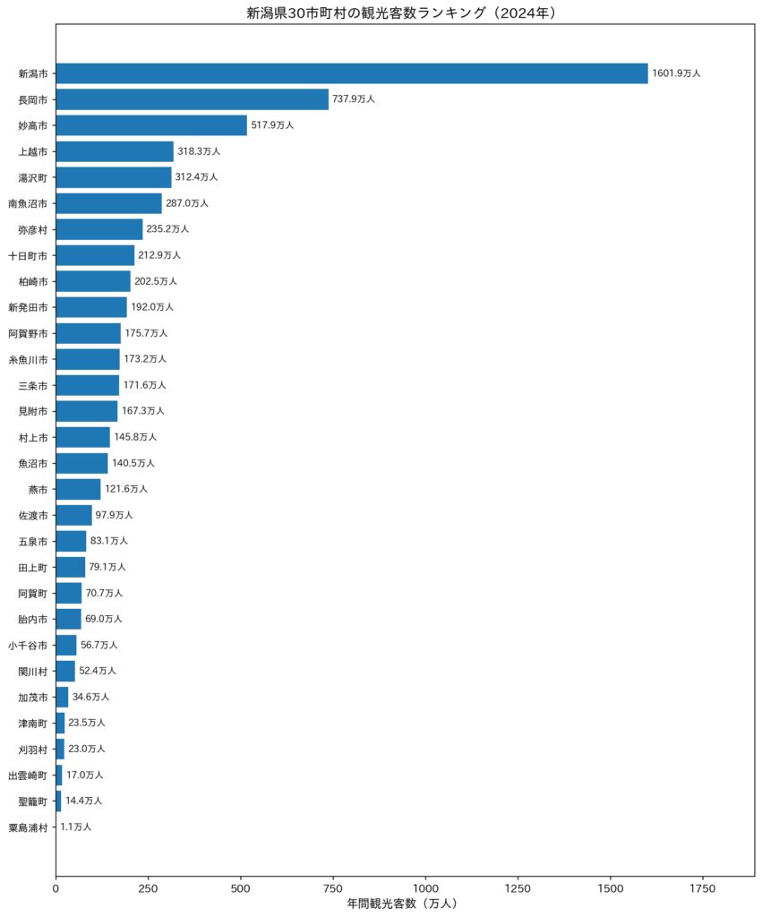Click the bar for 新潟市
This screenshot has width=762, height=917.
tap(352, 73)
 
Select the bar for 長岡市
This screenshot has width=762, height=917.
tap(193, 99)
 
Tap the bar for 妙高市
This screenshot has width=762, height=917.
tap(151, 125)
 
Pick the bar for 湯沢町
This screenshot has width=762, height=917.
tap(114, 177)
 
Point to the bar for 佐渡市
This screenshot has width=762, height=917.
tap(74, 515)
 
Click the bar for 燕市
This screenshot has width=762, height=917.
tap(79, 489)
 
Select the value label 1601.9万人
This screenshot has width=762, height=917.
tap(677, 73)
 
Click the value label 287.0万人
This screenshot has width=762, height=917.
tap(187, 203)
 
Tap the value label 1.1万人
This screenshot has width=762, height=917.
tap(76, 827)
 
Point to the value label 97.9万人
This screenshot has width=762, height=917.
tap(114, 515)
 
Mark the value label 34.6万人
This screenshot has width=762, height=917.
tap(90, 697)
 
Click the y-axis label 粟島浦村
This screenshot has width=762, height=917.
tap(28, 827)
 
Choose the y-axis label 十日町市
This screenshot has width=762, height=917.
tap(28, 255)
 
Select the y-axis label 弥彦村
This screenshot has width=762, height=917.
tap(33, 230)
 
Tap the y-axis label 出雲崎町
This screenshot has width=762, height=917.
tap(28, 776)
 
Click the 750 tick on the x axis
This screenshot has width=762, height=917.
tap(333, 888)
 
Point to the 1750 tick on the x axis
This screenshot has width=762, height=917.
tap(702, 888)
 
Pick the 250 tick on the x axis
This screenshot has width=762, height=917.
tap(148, 888)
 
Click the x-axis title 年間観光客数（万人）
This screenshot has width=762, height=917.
tap(402, 904)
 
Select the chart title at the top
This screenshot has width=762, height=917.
tap(401, 13)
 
